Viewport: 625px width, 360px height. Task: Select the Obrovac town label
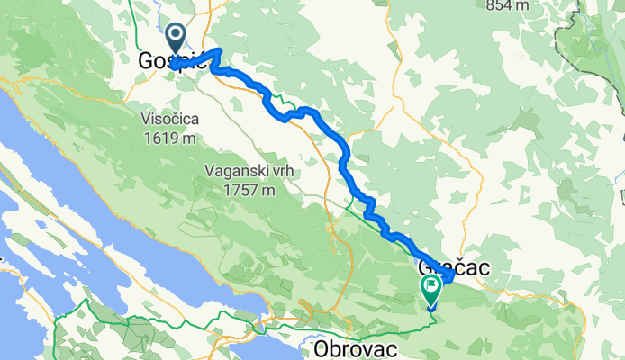point(356,346)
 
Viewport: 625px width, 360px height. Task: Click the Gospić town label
point(174,61)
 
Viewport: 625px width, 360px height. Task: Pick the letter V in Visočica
point(145,118)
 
